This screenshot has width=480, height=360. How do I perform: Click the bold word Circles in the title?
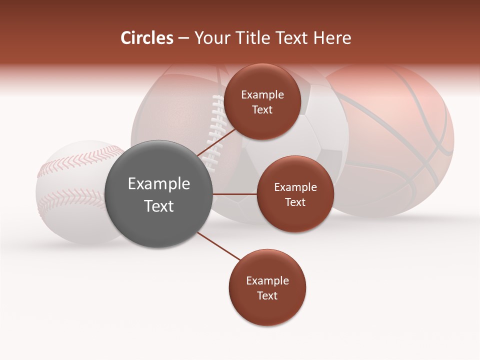tap(147, 38)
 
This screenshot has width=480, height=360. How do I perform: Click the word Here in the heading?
tap(332, 38)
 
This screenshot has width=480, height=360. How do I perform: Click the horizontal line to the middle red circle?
tap(234, 194)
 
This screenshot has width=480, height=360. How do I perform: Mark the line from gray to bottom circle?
tap(218, 246)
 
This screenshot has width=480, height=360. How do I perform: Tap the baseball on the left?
tap(65, 200)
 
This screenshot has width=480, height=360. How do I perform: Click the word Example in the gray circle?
tap(159, 184)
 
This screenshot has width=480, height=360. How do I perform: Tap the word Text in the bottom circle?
tap(267, 295)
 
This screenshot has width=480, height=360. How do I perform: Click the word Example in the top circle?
tap(262, 95)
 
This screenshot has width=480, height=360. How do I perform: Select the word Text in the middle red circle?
tap(295, 202)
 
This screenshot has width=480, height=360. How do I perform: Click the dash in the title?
tap(183, 38)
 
